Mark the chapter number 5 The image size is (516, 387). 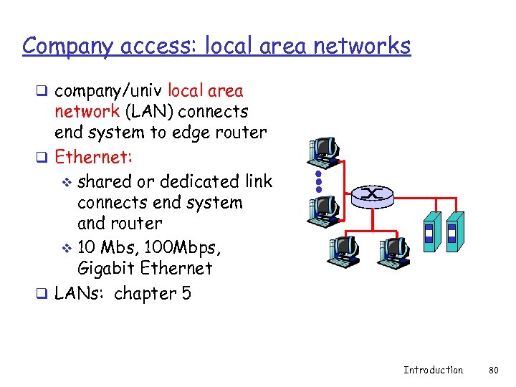pos(187,294)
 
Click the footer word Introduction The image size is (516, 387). pos(433,371)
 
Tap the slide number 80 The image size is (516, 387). pos(492,371)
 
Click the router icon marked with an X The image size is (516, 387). pos(373,193)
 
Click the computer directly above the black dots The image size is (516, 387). pos(323,148)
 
